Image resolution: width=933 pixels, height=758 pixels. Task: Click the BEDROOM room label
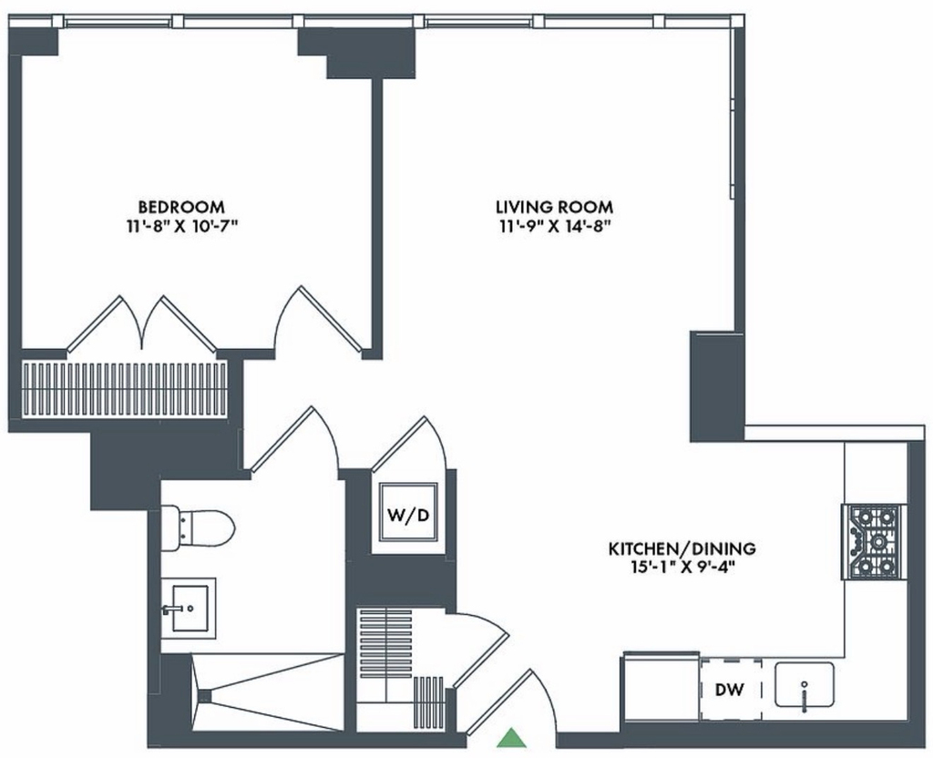click(181, 207)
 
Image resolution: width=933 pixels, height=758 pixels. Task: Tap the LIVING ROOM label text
click(555, 207)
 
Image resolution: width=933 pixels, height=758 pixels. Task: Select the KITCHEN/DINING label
click(682, 548)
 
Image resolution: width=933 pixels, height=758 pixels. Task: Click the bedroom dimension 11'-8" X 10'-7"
click(181, 226)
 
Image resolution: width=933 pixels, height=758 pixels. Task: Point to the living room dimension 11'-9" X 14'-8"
click(555, 226)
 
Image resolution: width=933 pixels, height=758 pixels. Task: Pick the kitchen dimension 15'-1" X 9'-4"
click(682, 567)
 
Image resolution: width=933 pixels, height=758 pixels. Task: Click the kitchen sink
click(805, 685)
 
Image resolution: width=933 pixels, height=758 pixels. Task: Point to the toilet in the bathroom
click(198, 528)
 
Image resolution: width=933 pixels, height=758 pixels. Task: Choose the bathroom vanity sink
click(189, 608)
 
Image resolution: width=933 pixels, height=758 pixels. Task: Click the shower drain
click(204, 696)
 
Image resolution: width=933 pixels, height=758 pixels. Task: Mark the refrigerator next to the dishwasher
click(661, 687)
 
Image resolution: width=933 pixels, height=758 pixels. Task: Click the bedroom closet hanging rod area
click(125, 389)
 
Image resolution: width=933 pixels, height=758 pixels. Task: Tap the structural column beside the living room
click(716, 385)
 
